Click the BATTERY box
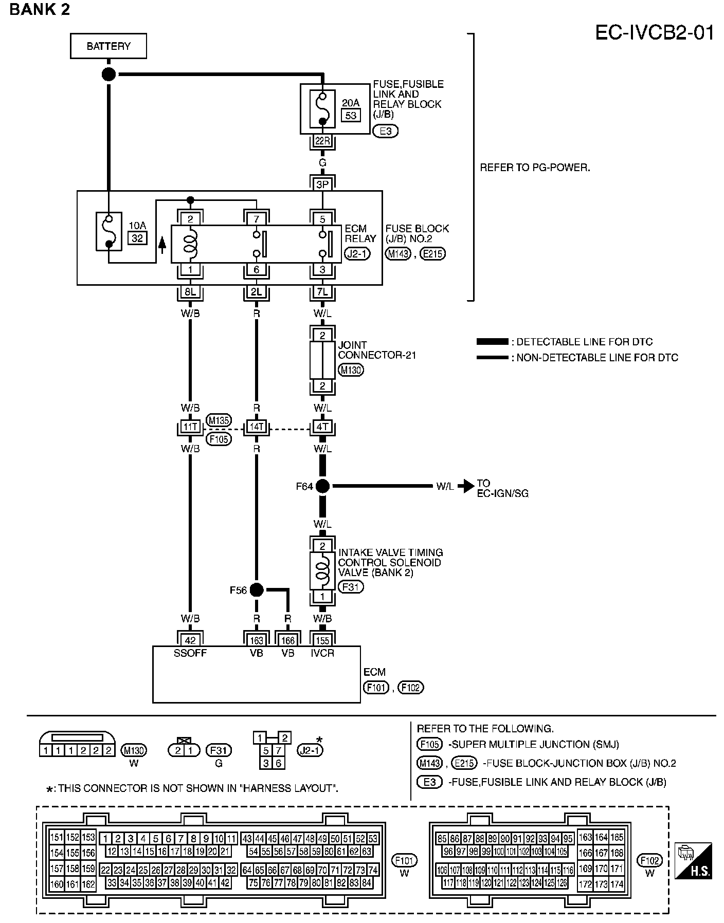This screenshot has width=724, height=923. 108,46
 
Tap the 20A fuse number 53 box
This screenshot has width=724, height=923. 351,115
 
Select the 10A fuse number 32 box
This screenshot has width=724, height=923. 137,238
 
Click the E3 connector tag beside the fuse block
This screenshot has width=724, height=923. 386,131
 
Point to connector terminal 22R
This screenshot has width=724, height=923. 322,141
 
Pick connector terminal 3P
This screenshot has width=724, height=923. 322,184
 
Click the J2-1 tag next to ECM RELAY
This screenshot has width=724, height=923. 358,253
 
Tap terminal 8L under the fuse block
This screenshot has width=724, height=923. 190,292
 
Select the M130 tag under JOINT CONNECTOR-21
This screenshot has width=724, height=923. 351,370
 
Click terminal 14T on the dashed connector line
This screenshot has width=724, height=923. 257,427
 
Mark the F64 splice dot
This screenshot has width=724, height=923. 322,486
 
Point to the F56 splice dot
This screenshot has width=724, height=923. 257,590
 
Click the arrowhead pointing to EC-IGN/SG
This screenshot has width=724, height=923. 466,486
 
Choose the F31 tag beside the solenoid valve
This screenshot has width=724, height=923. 351,586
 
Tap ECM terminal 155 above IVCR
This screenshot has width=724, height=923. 322,640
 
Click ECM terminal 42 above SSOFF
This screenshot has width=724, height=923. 190,640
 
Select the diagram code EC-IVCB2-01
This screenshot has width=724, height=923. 655,33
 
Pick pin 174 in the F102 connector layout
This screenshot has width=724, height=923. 617,884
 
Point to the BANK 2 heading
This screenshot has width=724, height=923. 40,10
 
